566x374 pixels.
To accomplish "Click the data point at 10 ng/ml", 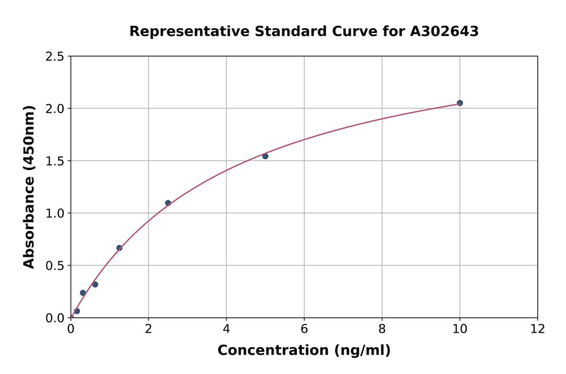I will (460, 103).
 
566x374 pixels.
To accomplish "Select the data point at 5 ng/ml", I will (265, 156).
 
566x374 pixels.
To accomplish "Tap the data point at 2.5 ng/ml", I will (168, 203).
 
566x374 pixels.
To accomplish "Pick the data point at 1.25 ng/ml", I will (119, 248).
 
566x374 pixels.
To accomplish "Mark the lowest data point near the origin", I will (77, 311).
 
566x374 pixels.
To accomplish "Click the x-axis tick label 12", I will (538, 329).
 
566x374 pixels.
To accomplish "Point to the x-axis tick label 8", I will (382, 329).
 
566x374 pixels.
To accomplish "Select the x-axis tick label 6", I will (304, 329).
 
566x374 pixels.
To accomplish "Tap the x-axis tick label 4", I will (226, 329).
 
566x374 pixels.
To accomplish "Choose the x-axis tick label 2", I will (148, 329).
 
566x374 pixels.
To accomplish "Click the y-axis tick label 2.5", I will (55, 57).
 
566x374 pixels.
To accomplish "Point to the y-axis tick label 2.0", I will (55, 109).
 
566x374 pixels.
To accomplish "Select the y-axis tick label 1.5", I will (55, 161).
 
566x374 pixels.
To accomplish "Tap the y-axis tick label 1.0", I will (55, 213).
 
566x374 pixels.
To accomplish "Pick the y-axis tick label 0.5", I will (55, 266).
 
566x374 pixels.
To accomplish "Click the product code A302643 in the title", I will (445, 31).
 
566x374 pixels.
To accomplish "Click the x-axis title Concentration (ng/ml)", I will (304, 350).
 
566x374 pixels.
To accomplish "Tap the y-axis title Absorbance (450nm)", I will (29, 187).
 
